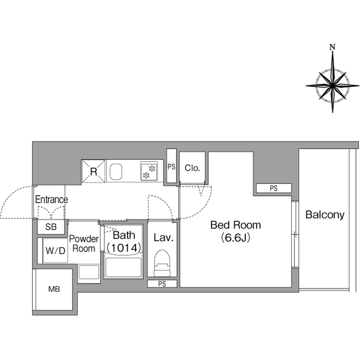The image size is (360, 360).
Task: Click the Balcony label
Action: tap(325, 215)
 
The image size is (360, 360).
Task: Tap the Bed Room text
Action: tap(236, 225)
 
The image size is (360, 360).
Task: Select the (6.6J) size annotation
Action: tap(236, 237)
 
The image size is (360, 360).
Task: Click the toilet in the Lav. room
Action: tap(163, 263)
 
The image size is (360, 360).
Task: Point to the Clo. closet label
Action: tap(192, 168)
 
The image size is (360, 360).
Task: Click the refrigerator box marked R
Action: tap(94, 171)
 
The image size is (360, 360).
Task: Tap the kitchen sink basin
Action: tap(116, 172)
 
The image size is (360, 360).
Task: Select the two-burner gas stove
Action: tap(149, 172)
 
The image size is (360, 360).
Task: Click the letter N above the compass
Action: tap(332, 47)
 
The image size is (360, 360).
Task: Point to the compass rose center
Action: tap(332, 85)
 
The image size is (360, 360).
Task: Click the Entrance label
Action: tap(51, 200)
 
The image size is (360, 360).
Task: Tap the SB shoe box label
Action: tap(51, 227)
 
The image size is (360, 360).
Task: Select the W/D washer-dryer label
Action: tap(55, 250)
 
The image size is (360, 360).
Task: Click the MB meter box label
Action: tap(54, 289)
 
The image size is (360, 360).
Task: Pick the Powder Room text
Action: tap(84, 244)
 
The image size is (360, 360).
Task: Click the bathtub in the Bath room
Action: tap(123, 268)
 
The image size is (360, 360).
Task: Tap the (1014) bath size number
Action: tap(124, 247)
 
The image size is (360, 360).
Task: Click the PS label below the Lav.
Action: tap(162, 284)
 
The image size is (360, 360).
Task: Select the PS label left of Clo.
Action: tap(172, 166)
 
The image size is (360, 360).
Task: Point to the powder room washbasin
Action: tap(89, 272)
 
